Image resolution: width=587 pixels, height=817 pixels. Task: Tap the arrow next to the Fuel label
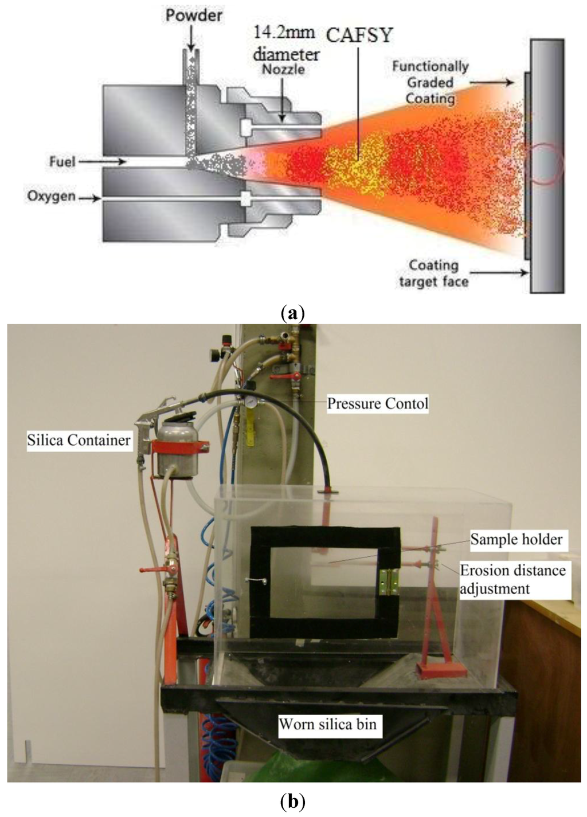tap(103, 163)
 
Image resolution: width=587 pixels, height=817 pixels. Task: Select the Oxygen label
tap(51, 197)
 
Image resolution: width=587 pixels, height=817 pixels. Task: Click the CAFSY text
tap(359, 35)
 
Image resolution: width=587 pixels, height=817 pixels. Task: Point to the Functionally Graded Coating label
tap(430, 83)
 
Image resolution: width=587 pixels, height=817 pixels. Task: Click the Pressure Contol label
tap(377, 403)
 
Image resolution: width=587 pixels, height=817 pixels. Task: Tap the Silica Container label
tap(79, 441)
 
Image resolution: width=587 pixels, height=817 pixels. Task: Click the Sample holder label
tap(516, 539)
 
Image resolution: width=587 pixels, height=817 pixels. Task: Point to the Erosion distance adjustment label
tap(512, 579)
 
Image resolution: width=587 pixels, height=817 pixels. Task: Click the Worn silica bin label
tap(327, 724)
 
